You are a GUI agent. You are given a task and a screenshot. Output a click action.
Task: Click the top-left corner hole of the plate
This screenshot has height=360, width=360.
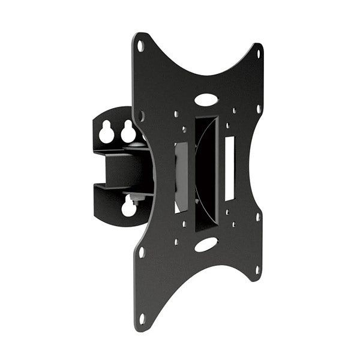(140, 46)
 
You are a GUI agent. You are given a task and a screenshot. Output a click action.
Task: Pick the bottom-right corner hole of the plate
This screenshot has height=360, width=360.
(257, 270)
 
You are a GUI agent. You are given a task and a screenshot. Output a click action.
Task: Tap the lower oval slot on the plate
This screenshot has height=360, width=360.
(206, 244)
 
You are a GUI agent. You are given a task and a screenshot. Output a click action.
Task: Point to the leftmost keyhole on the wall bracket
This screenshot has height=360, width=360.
(107, 132)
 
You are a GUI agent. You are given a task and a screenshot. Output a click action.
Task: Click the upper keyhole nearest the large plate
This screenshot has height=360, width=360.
(128, 131)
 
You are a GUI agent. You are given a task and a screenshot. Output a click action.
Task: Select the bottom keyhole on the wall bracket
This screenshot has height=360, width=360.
(128, 208)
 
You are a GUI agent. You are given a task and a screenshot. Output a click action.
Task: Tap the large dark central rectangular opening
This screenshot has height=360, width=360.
(206, 174)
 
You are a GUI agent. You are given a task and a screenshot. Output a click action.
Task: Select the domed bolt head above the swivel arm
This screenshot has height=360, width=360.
(139, 144)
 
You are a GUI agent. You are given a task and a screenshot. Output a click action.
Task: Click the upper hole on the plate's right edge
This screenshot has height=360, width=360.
(259, 110)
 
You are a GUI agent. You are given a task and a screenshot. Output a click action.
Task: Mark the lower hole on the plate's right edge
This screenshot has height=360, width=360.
(258, 216)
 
